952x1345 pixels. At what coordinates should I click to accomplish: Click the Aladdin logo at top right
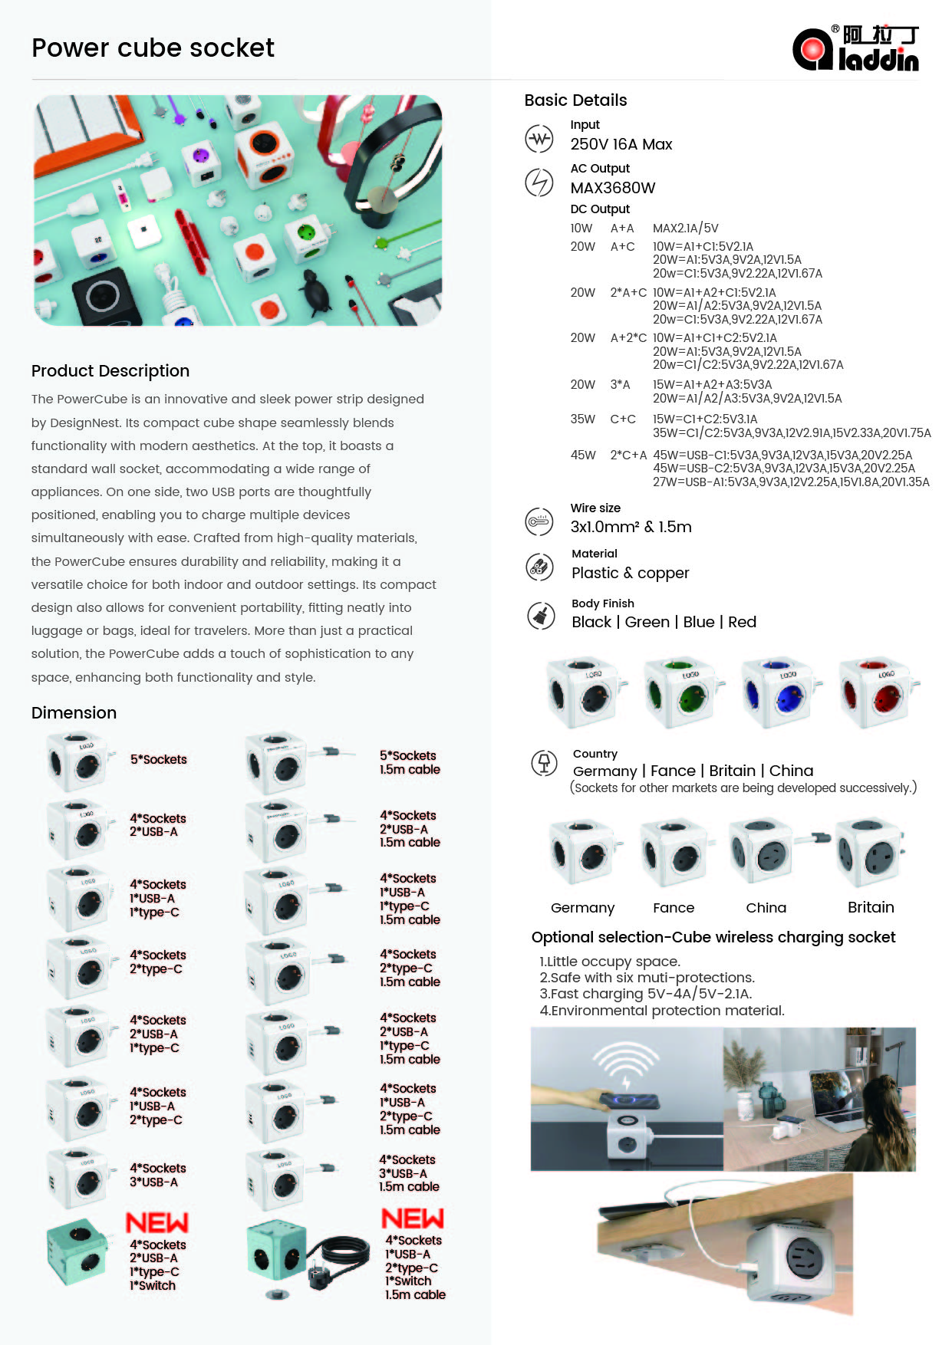855,48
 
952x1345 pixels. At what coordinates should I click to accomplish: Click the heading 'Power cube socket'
153,48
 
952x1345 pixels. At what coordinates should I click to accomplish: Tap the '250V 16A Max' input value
621,144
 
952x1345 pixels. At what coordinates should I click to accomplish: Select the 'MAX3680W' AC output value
612,188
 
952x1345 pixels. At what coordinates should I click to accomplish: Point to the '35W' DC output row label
582,419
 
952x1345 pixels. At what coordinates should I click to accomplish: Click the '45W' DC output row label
582,455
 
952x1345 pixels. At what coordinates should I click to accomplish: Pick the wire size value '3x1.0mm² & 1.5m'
631,527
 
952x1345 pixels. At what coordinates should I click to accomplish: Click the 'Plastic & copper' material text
630,573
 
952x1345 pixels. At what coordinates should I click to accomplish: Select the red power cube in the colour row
876,692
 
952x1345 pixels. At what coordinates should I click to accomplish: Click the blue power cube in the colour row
779,692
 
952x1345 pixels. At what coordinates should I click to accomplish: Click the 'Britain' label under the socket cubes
871,907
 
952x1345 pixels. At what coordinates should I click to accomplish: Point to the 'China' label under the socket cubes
766,908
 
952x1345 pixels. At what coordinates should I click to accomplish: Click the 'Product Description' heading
110,371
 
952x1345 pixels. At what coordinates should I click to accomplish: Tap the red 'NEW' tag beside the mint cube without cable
157,1222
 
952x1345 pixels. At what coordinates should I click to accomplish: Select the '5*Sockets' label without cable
158,759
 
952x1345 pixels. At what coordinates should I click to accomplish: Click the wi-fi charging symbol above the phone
627,1064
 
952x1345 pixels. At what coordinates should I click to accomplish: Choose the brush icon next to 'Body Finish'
541,615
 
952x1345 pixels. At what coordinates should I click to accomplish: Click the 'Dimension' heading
74,713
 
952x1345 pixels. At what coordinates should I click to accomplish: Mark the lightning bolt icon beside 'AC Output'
539,183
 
